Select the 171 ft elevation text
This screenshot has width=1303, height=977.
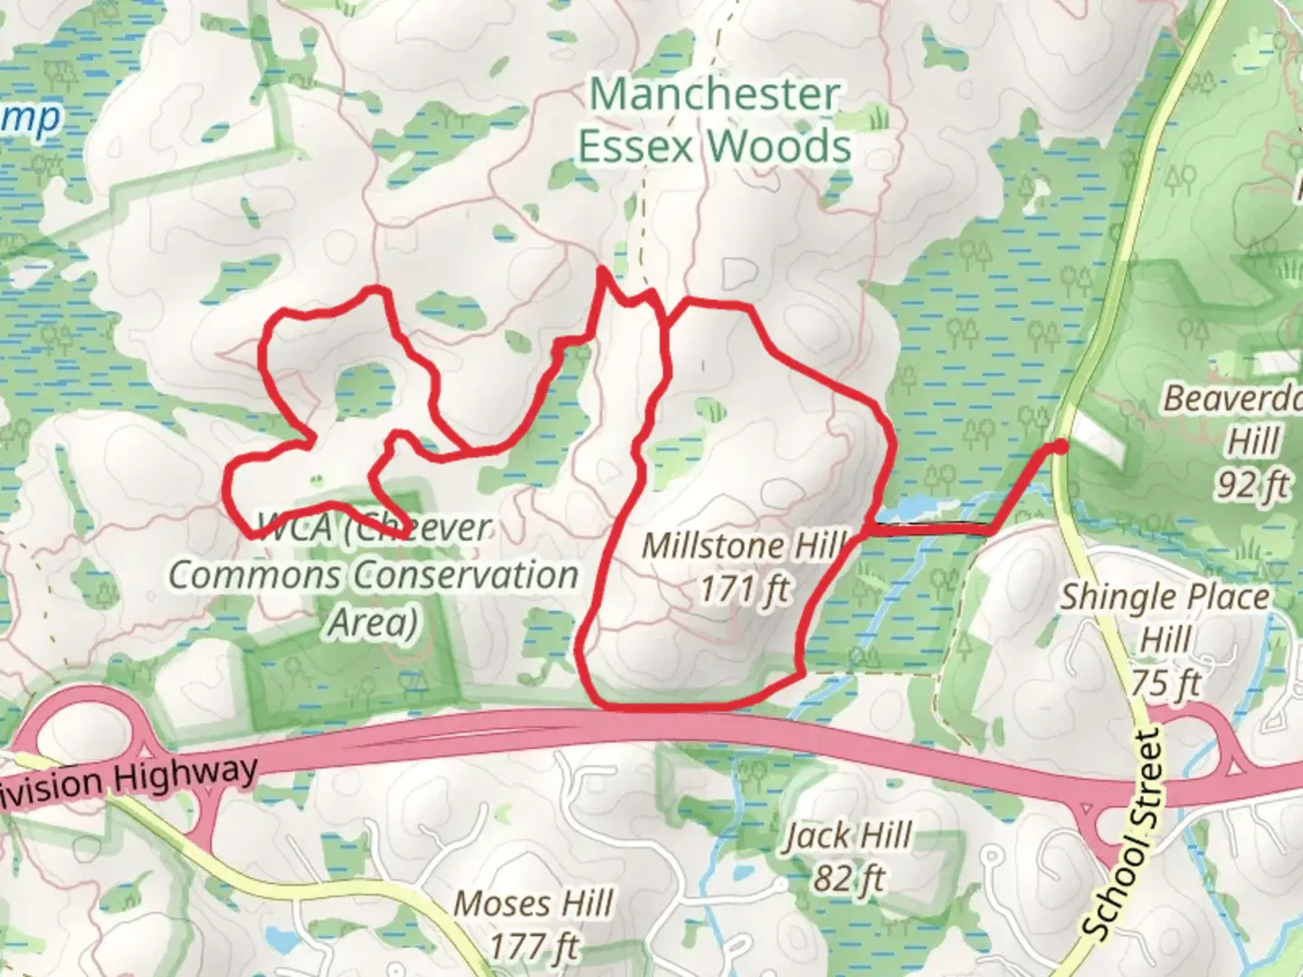pyautogui.click(x=744, y=590)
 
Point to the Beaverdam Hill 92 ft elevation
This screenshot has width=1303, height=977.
pyautogui.click(x=1251, y=485)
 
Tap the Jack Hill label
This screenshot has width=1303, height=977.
pyautogui.click(x=848, y=836)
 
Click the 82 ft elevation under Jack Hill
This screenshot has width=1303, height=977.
pyautogui.click(x=848, y=878)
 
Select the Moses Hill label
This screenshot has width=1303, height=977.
pyautogui.click(x=534, y=903)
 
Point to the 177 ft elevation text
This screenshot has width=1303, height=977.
pyautogui.click(x=534, y=946)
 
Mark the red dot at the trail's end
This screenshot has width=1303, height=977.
pyautogui.click(x=1060, y=446)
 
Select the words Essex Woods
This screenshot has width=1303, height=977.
pyautogui.click(x=715, y=147)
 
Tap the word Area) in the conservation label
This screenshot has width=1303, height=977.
pyautogui.click(x=373, y=622)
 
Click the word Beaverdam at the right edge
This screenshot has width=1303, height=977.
pyautogui.click(x=1233, y=398)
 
